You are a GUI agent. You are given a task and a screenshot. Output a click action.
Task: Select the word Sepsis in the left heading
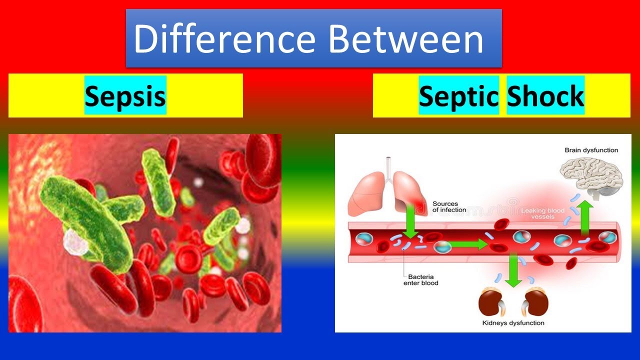click(x=125, y=95)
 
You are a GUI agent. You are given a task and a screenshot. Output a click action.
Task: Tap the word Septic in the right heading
click(x=458, y=95)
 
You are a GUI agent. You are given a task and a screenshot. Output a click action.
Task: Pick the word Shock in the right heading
click(x=545, y=95)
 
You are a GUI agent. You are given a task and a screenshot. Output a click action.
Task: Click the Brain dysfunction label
click(x=591, y=150)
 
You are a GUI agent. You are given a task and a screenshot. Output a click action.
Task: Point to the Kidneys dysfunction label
click(x=513, y=323)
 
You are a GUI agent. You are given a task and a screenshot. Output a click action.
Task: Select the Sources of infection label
click(x=449, y=206)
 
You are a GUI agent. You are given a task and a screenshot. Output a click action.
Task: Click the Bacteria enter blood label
click(x=420, y=279)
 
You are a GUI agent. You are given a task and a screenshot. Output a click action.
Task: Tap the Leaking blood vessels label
click(x=543, y=214)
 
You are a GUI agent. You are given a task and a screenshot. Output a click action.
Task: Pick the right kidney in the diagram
click(x=535, y=302)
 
